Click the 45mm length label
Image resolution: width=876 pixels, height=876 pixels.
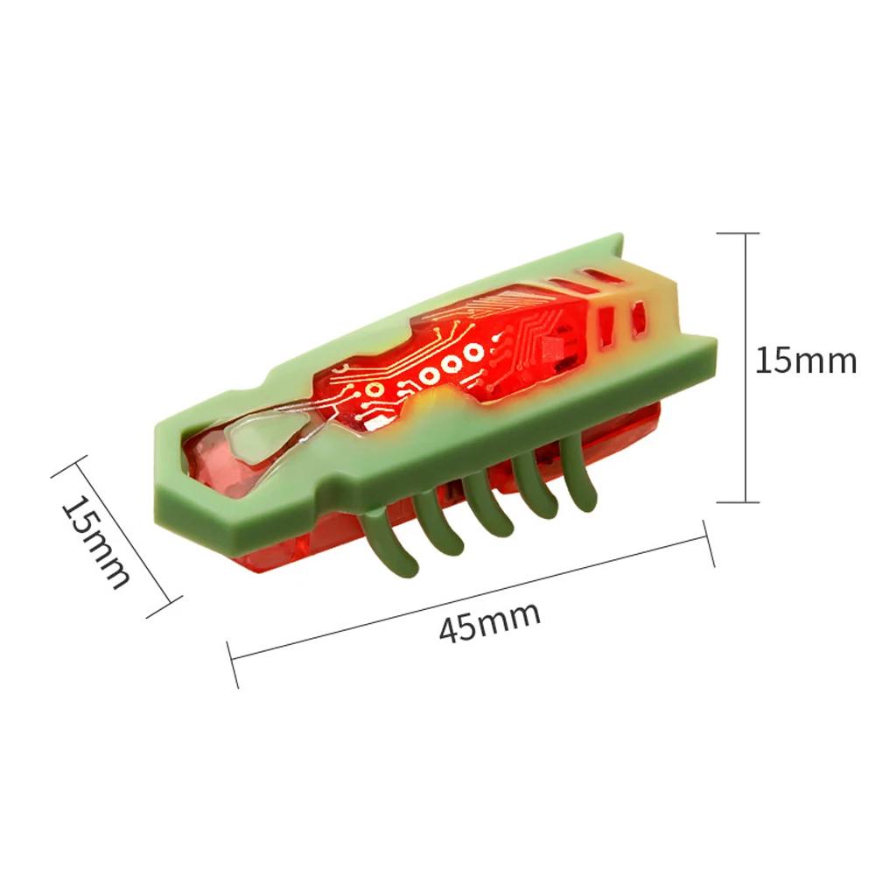click(489, 622)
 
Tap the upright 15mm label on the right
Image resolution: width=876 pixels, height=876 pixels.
click(806, 360)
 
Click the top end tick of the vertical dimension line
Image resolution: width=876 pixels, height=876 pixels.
click(738, 233)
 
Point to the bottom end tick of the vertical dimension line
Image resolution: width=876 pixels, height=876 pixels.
click(738, 501)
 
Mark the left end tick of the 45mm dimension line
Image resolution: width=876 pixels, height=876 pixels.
click(233, 664)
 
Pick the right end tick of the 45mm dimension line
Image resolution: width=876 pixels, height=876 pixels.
click(708, 543)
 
